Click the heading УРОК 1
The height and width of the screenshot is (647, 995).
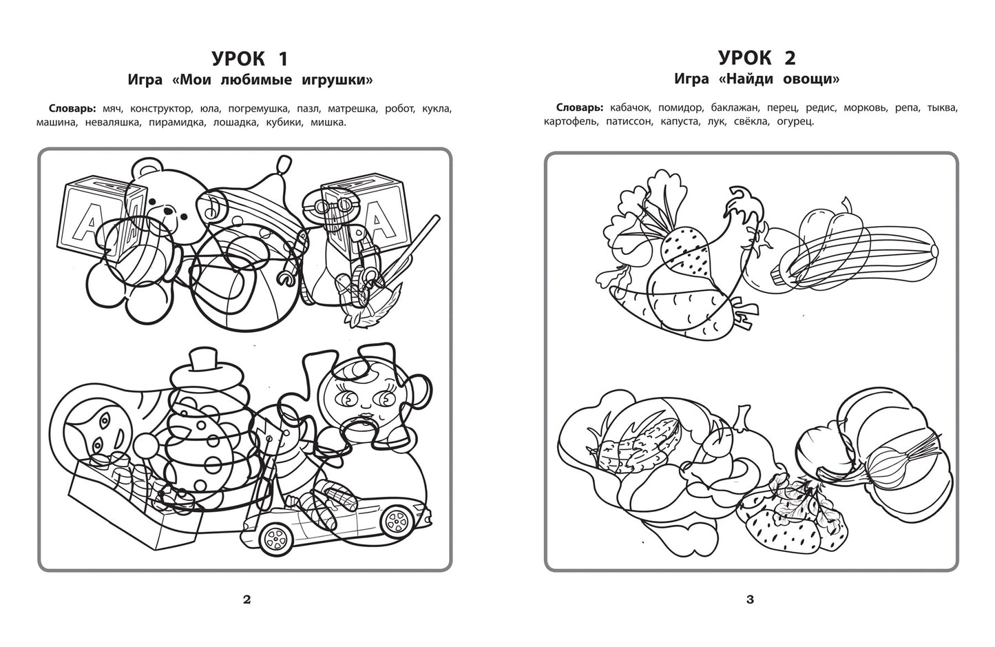pyautogui.click(x=250, y=58)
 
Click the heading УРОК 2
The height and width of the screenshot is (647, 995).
pyautogui.click(x=757, y=57)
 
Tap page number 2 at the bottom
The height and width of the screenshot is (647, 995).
pyautogui.click(x=247, y=600)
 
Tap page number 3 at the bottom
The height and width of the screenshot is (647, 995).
pyautogui.click(x=751, y=600)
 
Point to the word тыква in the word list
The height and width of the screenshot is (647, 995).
pyautogui.click(x=943, y=108)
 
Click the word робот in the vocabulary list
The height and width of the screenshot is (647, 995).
pyautogui.click(x=400, y=109)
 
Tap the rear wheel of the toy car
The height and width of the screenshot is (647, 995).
pyautogui.click(x=273, y=539)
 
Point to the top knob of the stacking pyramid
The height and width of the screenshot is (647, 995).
pyautogui.click(x=202, y=360)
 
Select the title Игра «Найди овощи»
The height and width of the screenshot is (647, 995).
pyautogui.click(x=757, y=79)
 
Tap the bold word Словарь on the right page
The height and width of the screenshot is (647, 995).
pyautogui.click(x=580, y=107)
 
